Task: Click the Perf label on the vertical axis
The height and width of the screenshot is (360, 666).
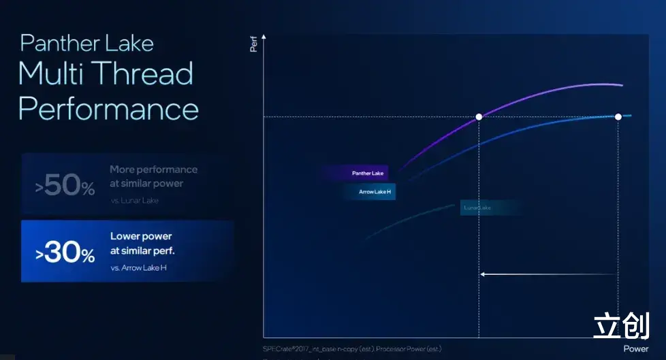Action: pos(253,45)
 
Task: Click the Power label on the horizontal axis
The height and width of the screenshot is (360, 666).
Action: pos(635,349)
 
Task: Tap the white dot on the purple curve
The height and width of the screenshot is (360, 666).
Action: pos(479,117)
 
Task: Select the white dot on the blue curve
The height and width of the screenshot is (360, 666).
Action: pos(618,117)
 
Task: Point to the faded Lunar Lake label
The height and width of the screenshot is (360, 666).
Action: pos(477,208)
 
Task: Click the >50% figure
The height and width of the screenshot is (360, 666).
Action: pos(65,185)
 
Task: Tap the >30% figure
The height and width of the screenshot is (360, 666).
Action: pos(65,252)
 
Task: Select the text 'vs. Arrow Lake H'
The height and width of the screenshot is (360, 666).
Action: pos(138,268)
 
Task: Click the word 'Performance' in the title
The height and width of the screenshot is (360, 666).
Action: pos(109,109)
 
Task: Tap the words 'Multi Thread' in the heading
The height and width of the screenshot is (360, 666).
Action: pos(106,73)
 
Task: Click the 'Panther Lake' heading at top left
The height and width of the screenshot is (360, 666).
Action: pos(87,43)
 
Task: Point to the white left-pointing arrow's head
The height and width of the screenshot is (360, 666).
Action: pos(483,274)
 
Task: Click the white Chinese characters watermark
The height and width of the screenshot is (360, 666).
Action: pos(620,325)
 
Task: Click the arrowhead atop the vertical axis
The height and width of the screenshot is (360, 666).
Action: pos(264,35)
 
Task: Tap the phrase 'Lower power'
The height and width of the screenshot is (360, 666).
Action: pos(141,237)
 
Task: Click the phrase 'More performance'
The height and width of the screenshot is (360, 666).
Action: pos(153,169)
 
